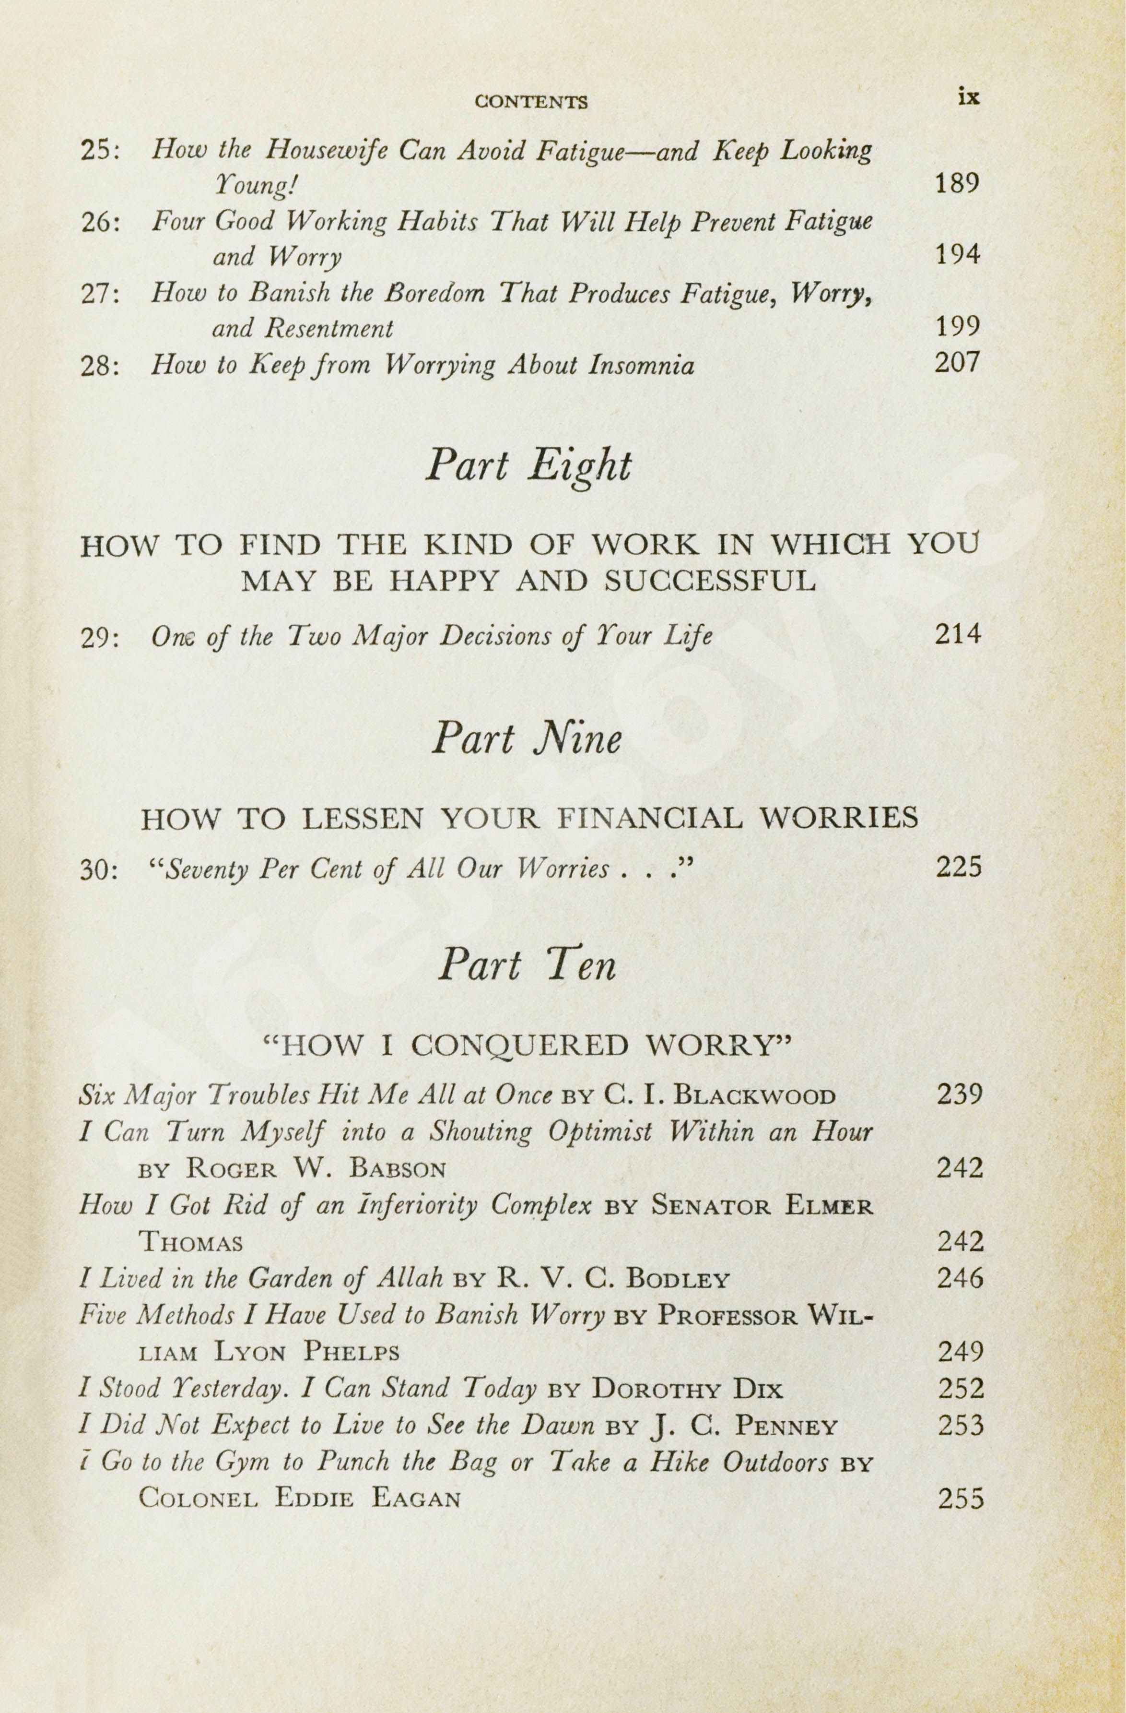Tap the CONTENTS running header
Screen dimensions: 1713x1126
coord(531,102)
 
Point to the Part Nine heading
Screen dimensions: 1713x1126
coord(526,739)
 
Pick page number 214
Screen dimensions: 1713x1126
coord(958,634)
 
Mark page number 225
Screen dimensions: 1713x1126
coord(958,868)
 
